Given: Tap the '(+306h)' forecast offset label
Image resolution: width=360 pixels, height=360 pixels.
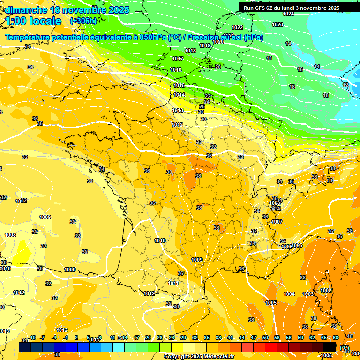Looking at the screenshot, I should pyautogui.click(x=83, y=21).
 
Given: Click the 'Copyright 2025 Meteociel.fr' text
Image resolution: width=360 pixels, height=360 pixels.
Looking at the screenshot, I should pyautogui.click(x=199, y=357).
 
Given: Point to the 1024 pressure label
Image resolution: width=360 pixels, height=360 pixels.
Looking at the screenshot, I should pyautogui.click(x=288, y=14).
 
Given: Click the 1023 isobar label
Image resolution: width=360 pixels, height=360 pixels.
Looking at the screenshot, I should pyautogui.click(x=277, y=24).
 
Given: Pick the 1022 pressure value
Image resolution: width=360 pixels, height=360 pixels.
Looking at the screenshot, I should pyautogui.click(x=237, y=27).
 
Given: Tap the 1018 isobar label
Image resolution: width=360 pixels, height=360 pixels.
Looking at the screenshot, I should pyautogui.click(x=190, y=51).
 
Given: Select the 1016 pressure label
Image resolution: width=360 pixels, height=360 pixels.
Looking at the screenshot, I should pyautogui.click(x=176, y=70).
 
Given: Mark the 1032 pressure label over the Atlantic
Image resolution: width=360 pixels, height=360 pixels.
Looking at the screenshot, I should pyautogui.click(x=21, y=201).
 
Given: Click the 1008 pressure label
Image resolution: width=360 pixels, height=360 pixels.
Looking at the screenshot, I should pyautogui.click(x=10, y=235).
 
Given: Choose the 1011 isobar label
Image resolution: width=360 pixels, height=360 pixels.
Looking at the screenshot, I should pyautogui.click(x=173, y=283).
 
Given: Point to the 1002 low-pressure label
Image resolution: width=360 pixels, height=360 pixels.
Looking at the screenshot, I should pyautogui.click(x=326, y=290).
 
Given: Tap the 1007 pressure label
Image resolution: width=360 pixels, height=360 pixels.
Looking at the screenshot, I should pyautogui.click(x=277, y=222).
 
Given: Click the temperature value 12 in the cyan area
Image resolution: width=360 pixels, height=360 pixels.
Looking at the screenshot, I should pyautogui.click(x=345, y=85).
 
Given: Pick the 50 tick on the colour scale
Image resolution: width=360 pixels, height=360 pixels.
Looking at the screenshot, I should pyautogui.click(x=265, y=337).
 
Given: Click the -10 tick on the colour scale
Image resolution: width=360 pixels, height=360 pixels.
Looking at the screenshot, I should pyautogui.click(x=32, y=337).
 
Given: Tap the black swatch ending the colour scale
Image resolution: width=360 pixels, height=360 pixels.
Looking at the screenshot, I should pyautogui.click(x=330, y=346).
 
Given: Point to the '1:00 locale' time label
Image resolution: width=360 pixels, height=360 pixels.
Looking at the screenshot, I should pyautogui.click(x=34, y=21).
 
